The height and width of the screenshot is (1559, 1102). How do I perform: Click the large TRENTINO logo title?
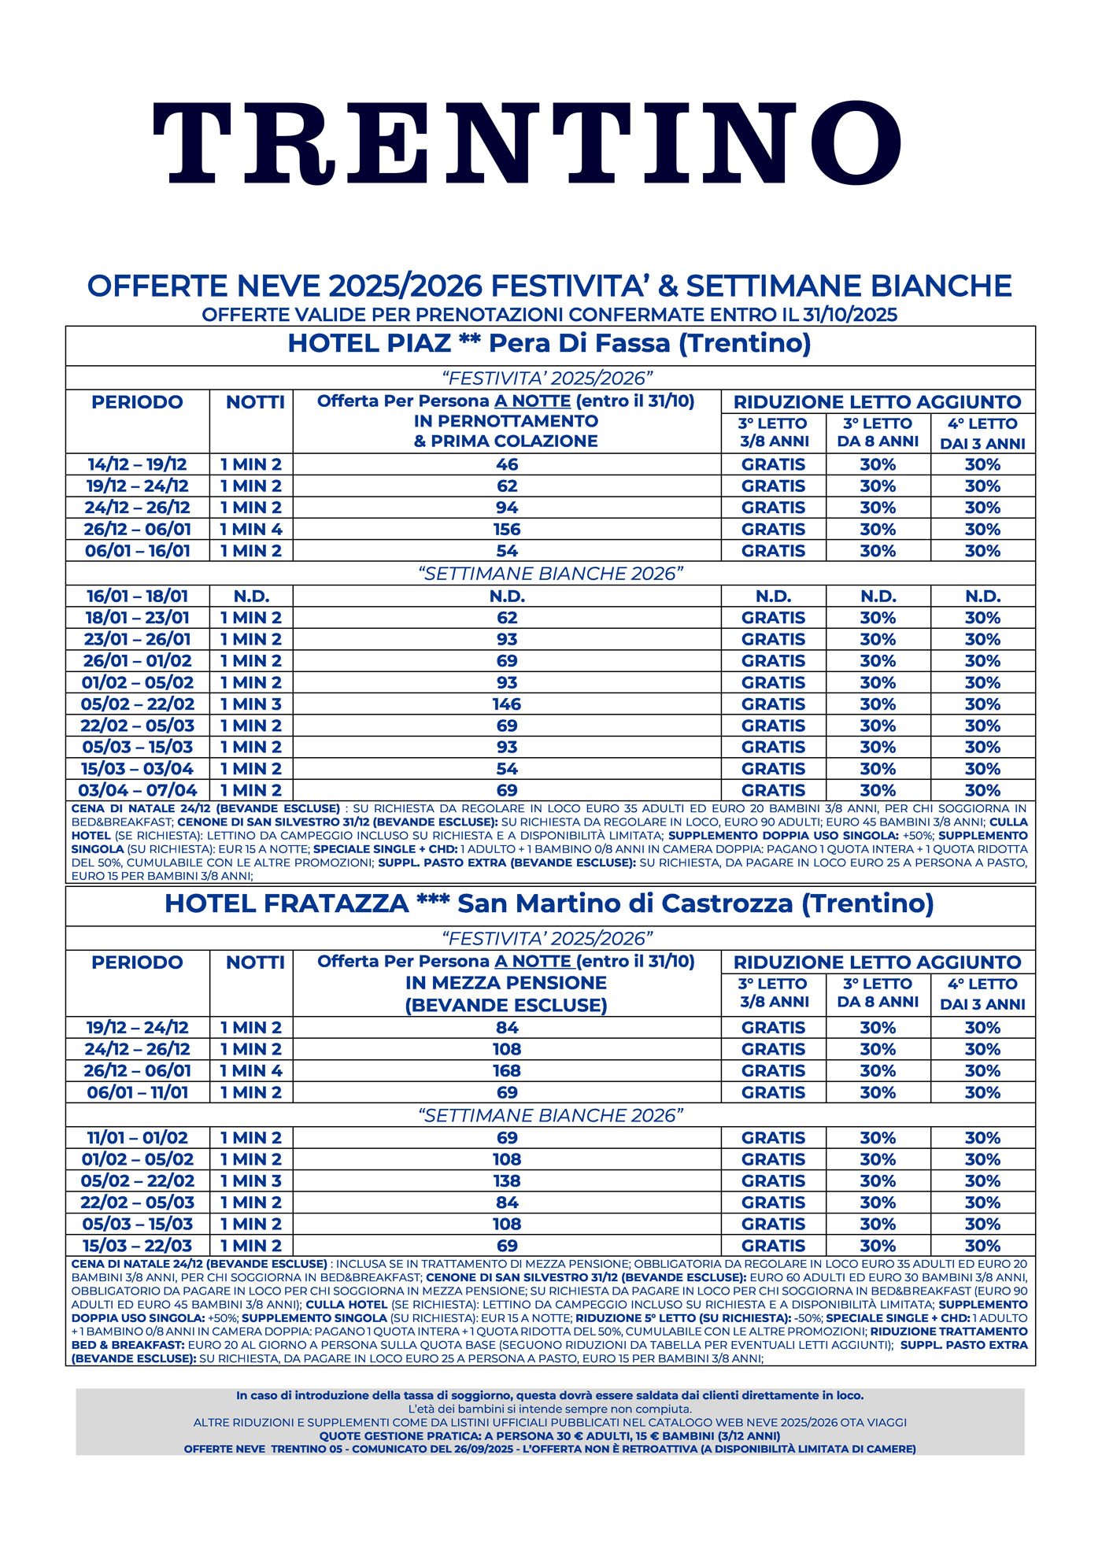(x=527, y=142)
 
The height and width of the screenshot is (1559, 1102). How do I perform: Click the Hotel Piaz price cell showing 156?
(x=507, y=530)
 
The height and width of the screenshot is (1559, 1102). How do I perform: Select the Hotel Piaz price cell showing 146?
(x=507, y=704)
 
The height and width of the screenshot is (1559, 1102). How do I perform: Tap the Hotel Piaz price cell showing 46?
(x=507, y=465)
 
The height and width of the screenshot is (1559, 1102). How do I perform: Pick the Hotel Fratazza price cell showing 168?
(x=507, y=1071)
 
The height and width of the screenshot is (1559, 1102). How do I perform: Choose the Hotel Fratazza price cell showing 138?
(x=507, y=1181)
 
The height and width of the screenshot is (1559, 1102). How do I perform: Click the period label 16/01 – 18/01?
(x=138, y=597)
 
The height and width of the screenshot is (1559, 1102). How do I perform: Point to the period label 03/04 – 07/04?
(x=138, y=791)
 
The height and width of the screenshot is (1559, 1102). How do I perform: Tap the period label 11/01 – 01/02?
(x=138, y=1138)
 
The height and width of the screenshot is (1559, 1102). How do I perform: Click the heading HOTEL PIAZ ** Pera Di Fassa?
(x=549, y=344)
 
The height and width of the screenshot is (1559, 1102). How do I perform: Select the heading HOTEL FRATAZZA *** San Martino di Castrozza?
(x=549, y=904)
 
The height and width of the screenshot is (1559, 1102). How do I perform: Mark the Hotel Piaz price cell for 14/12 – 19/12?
(x=507, y=465)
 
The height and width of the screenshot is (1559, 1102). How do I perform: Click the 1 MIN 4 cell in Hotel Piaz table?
(x=251, y=530)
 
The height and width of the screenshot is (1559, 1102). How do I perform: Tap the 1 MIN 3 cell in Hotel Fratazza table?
(x=251, y=1181)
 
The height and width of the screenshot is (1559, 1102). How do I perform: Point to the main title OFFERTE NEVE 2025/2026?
(x=549, y=286)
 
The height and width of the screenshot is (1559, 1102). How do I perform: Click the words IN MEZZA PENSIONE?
(x=506, y=983)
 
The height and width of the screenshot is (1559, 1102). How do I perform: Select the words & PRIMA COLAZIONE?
(x=506, y=441)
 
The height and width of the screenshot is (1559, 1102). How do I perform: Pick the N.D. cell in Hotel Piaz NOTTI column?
(x=251, y=597)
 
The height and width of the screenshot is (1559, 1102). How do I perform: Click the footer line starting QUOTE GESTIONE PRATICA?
(x=549, y=1436)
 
